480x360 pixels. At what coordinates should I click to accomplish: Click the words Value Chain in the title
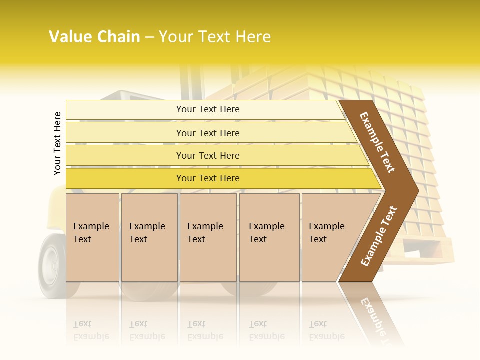pos(94,37)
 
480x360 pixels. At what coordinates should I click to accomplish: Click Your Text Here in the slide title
pos(215,37)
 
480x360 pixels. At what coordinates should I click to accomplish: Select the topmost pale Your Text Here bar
pos(207,109)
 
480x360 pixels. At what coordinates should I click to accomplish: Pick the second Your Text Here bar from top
pos(207,133)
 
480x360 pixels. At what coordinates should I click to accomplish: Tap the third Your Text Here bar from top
pos(207,155)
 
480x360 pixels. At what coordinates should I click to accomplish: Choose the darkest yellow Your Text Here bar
pos(207,178)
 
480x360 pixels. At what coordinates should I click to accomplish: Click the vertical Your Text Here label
pos(57,144)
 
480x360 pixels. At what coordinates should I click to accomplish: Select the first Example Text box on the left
pos(92,237)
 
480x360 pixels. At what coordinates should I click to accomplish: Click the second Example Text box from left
pos(149,237)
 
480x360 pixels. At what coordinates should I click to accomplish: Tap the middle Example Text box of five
pos(208,237)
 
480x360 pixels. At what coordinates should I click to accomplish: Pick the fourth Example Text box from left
pos(269,237)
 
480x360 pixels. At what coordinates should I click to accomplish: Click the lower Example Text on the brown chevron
pos(378,236)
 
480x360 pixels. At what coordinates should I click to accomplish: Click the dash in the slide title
pos(149,37)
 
